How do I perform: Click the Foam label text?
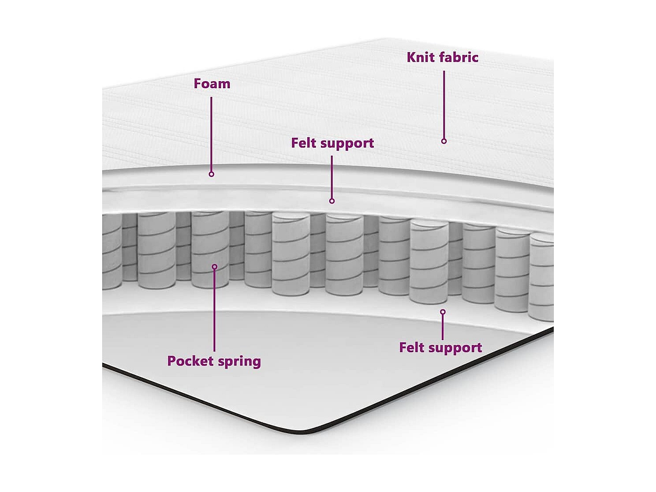point(212,84)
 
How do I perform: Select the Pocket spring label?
point(214,361)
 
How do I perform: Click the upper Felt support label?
point(332,143)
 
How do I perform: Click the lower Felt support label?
point(440,348)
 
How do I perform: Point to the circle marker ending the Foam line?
point(211,174)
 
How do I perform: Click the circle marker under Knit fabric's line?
point(444,141)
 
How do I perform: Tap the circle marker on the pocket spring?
point(215,267)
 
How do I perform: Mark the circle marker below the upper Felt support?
point(332,201)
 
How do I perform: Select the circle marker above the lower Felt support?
point(443,312)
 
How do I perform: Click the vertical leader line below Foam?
point(211,134)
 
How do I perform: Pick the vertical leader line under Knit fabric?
point(444,104)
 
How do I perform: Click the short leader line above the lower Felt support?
point(443,327)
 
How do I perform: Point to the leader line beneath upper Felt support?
point(332,177)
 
